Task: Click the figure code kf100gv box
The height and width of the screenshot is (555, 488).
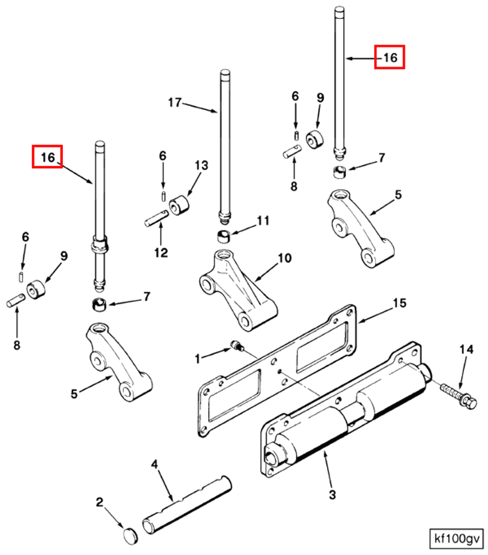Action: point(456,539)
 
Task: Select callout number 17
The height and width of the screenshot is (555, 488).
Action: point(175,102)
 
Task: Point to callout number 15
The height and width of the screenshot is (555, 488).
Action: point(399,303)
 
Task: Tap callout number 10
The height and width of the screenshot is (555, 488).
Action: point(285,258)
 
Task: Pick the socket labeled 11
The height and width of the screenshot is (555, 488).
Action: point(224,236)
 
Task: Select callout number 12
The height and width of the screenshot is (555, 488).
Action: point(161,253)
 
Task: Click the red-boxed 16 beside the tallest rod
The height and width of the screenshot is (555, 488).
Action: point(390,57)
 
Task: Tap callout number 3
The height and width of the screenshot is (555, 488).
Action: point(332,495)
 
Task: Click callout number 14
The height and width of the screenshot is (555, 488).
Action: point(466,349)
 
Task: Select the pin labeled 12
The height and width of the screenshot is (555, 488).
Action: point(156,218)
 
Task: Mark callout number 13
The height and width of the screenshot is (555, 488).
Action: point(201,165)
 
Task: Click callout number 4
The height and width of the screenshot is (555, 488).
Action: point(155,464)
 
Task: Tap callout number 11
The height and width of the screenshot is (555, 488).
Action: point(263,221)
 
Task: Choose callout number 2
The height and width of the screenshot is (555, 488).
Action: point(99,502)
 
